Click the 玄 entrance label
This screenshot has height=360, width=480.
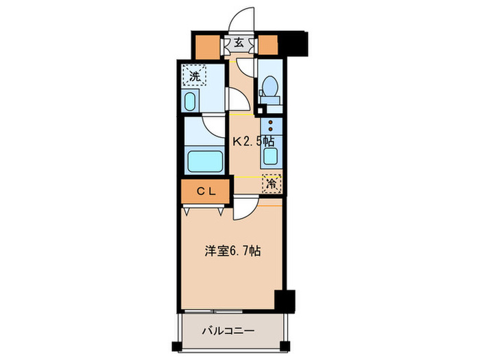[x=239, y=43]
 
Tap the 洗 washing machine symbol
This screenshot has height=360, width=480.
[x=195, y=76]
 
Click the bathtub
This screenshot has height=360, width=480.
[x=206, y=162]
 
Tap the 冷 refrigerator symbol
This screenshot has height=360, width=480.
[x=272, y=184]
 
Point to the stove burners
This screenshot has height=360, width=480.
[x=272, y=126]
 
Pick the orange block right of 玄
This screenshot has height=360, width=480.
[x=269, y=45]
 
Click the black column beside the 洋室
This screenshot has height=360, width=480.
[x=284, y=300]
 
